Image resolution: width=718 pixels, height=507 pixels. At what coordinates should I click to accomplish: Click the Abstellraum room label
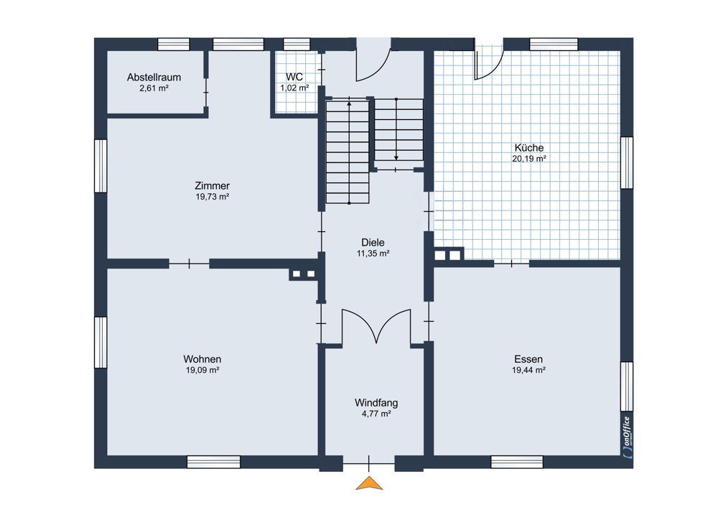(x=154, y=78)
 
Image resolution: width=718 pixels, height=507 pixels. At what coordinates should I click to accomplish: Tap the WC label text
(x=294, y=77)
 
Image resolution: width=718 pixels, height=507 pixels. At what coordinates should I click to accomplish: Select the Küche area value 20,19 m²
(x=529, y=159)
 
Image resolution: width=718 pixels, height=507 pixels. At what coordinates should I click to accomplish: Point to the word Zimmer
(x=212, y=186)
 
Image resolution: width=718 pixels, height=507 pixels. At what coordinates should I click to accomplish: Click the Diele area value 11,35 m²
(x=373, y=253)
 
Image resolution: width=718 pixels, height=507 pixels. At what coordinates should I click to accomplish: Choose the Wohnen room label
(x=202, y=360)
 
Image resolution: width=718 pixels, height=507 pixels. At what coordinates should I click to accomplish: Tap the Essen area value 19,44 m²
(x=528, y=370)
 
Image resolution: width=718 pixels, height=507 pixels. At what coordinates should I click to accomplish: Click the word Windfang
(x=376, y=403)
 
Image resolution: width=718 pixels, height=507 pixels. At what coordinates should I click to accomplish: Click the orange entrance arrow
(x=369, y=483)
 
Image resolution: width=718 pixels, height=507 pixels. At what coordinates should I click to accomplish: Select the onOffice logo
(x=627, y=437)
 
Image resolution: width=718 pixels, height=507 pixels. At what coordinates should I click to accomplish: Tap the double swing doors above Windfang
(x=376, y=327)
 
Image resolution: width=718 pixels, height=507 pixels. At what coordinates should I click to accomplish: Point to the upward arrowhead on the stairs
(x=350, y=104)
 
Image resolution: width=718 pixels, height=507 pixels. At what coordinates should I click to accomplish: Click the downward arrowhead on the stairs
(x=396, y=157)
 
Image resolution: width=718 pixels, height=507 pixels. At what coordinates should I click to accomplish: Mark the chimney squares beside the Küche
(x=447, y=254)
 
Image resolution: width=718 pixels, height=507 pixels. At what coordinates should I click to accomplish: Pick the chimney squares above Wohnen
(x=303, y=274)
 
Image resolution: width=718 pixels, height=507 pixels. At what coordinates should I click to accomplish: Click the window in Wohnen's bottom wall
(x=214, y=462)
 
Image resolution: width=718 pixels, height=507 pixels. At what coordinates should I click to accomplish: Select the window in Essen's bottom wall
(x=517, y=462)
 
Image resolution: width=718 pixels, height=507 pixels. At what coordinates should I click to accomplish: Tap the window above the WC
(x=297, y=44)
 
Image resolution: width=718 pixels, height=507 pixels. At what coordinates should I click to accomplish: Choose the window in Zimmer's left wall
(x=101, y=166)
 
